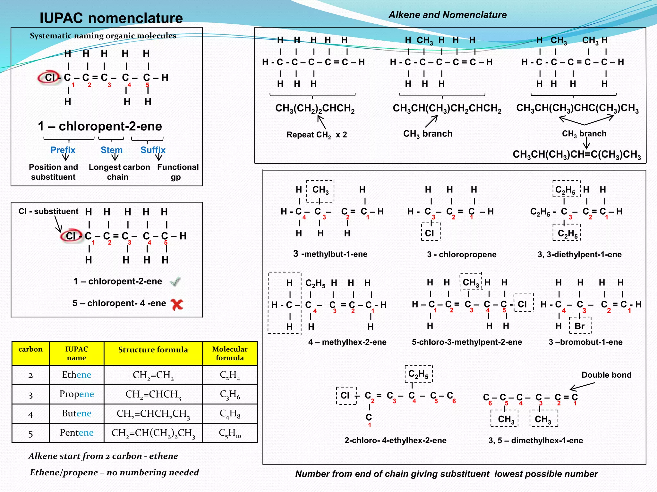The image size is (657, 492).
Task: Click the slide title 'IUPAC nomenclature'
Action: point(111,18)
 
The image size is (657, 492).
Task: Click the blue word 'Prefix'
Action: point(63,150)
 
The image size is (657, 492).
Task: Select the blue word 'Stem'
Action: point(112,150)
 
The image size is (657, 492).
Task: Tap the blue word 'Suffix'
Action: point(153,150)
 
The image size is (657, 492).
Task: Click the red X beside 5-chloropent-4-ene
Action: point(177,304)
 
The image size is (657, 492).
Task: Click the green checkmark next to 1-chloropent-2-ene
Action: point(175,282)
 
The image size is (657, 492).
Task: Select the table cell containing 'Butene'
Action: point(77,414)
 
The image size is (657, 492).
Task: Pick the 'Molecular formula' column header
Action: point(230,353)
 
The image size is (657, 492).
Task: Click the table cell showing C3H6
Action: point(230,394)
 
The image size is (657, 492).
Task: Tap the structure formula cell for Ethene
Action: point(153,375)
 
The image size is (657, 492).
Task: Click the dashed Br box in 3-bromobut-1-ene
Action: point(580,326)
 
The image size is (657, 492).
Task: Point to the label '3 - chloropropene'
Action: point(462,255)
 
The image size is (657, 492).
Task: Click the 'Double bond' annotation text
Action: point(606,375)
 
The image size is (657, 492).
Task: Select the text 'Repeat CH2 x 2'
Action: point(317,135)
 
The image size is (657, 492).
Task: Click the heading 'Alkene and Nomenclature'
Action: point(448,15)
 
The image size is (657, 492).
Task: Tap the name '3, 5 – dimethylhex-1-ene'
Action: point(535,440)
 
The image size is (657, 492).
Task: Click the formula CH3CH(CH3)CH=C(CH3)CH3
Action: point(576,154)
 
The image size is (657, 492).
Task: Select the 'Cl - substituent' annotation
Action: point(48,211)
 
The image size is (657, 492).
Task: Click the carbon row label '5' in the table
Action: point(30,434)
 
